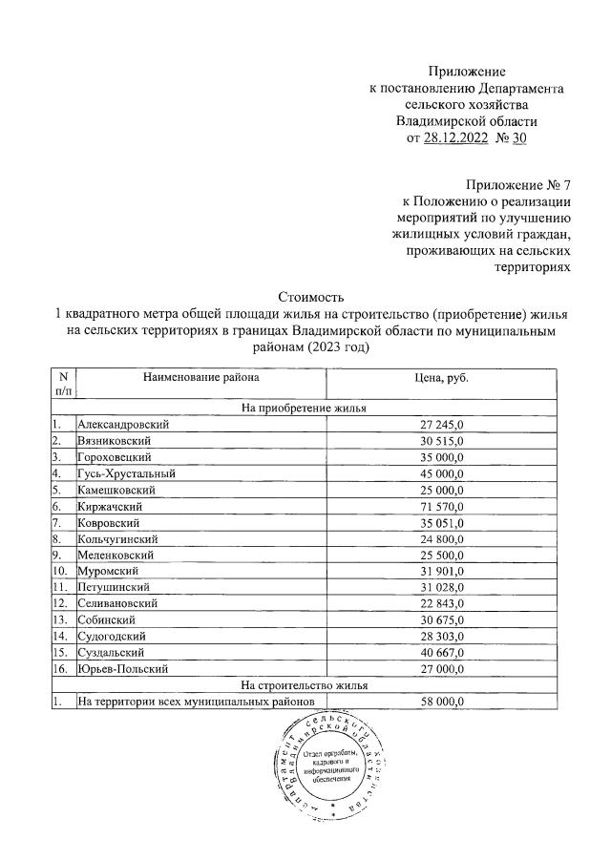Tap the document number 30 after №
(x=518, y=139)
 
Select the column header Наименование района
(x=200, y=378)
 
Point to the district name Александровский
(x=123, y=424)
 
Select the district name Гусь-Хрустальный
(x=126, y=473)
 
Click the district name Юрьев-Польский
(x=123, y=669)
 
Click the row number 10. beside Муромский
(x=60, y=571)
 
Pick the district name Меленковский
(x=119, y=555)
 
